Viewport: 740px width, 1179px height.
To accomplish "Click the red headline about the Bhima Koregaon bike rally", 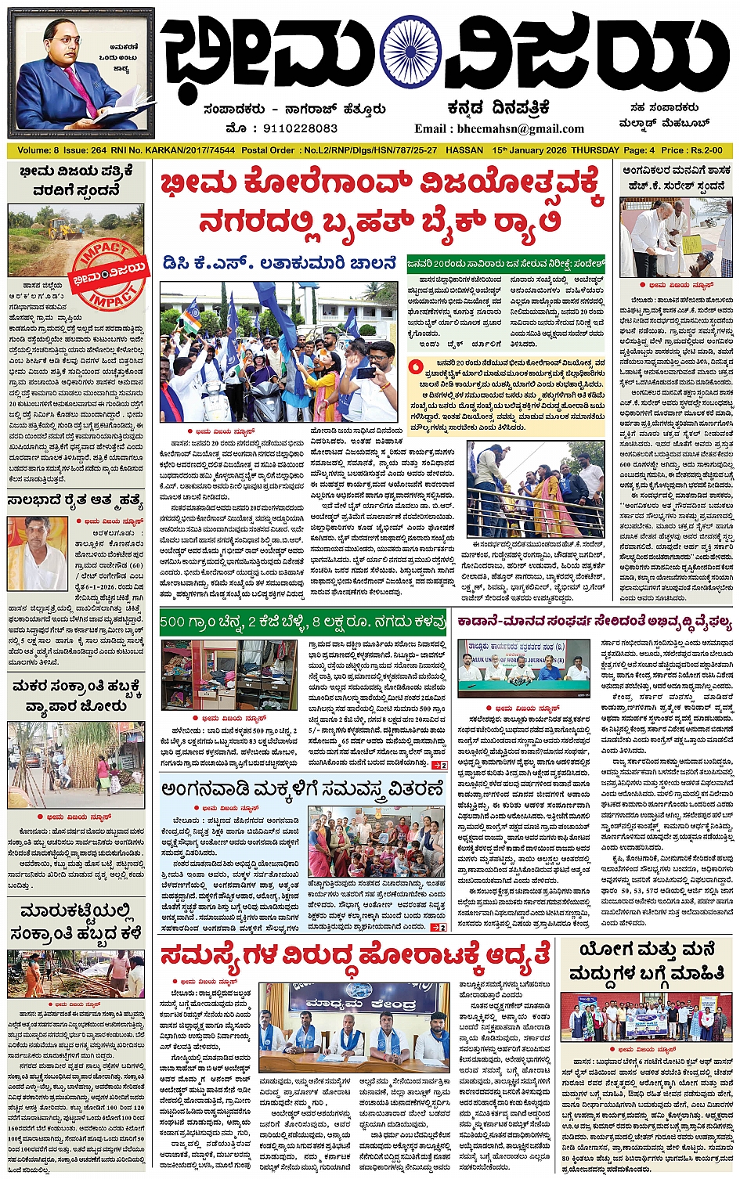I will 382,202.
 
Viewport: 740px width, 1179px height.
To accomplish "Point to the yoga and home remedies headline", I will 646,961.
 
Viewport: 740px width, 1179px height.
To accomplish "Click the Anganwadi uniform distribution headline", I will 303,789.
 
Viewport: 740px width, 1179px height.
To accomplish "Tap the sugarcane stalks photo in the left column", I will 76,765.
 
